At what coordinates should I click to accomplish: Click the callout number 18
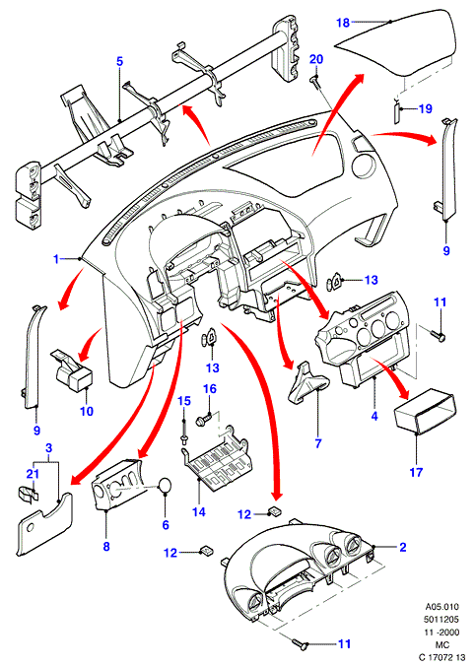[343, 23]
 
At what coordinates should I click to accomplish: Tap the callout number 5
[119, 61]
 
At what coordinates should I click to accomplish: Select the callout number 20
[316, 59]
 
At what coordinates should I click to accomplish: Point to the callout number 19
[425, 109]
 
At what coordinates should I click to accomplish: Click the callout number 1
[56, 259]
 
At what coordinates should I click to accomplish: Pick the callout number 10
[87, 411]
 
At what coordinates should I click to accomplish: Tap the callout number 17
[416, 472]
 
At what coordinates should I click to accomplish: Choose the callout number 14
[199, 511]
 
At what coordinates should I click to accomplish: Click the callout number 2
[403, 547]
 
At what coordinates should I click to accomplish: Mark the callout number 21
[33, 474]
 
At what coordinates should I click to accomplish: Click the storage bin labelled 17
[428, 413]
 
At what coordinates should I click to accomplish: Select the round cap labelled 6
[166, 485]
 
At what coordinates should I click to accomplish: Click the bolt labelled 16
[201, 421]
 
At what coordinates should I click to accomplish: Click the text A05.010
[442, 607]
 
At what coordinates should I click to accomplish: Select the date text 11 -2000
[442, 633]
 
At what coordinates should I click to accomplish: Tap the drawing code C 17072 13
[441, 658]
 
